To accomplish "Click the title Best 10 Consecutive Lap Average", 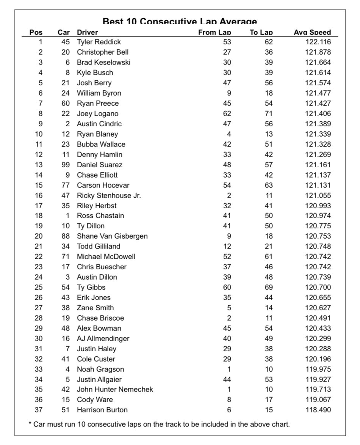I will coord(180,22).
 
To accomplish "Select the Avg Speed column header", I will coord(312,33).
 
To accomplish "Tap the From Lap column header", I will coord(214,33).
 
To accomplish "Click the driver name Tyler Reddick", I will coord(99,42).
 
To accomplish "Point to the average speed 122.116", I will coord(318,42).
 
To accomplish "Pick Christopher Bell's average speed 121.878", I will coord(318,52).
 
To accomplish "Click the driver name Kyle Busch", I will coord(95,72).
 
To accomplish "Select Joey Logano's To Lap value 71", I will coord(268,113).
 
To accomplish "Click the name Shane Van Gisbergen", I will coord(112,236).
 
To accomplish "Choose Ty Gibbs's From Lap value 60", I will coord(227,287).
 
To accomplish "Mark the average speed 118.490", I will coord(318,410).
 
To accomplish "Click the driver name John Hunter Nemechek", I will coord(115,389).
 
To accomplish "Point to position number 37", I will coord(39,410).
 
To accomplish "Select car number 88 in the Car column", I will coord(66,236).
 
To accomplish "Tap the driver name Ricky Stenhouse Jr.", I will coord(109,195).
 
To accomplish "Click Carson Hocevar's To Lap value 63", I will coord(268,185).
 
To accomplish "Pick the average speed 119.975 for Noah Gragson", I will coord(318,369).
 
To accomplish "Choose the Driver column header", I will coord(87,33).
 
